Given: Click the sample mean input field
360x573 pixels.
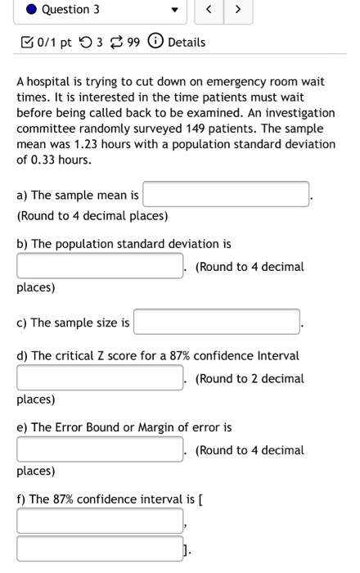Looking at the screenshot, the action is pos(227,195).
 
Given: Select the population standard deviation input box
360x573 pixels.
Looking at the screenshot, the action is pos(100,266).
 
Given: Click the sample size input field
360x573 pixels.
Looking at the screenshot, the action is pos(217,323).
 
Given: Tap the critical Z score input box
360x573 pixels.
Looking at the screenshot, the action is pos(100,378).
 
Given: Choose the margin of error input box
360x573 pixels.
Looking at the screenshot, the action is pos(100,449).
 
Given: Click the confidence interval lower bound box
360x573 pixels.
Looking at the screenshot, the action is pos(100,521).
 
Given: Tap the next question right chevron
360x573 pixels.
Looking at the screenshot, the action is pos(238,10).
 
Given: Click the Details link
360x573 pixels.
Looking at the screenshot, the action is pos(187,42).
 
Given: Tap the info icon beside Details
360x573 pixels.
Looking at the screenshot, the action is pos(155,42).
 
